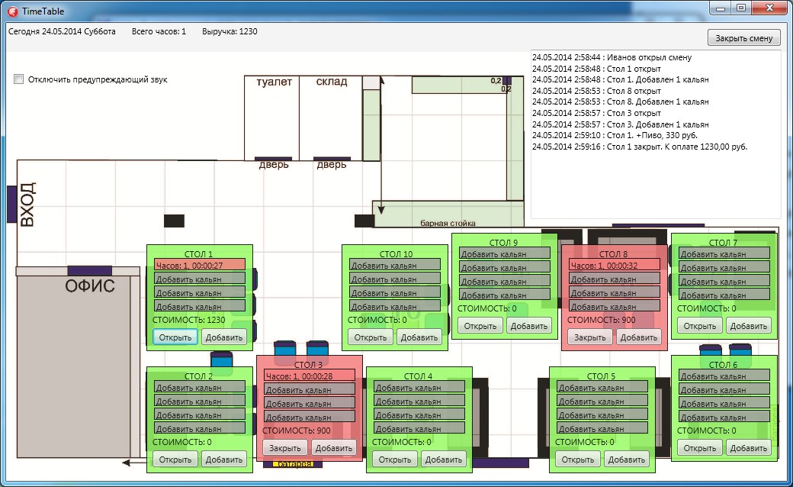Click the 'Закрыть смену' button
[743, 38]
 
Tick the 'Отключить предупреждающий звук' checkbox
[19, 79]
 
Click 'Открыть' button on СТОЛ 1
[175, 337]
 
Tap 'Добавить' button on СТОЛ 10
[419, 337]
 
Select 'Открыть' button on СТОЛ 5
[577, 459]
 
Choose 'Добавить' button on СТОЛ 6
[748, 448]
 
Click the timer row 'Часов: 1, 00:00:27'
[200, 265]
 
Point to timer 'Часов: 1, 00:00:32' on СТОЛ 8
[615, 265]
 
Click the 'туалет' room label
[274, 82]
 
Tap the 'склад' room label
[332, 82]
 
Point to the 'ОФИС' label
[90, 287]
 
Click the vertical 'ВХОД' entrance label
[27, 204]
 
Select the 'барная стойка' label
[448, 224]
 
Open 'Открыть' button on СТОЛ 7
[699, 326]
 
